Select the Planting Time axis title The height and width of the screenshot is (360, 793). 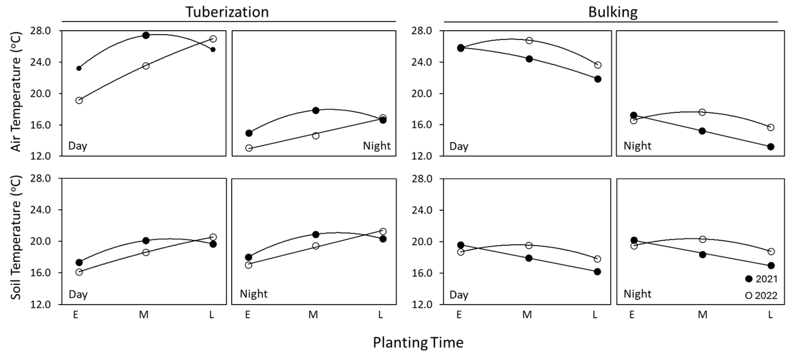tap(418, 342)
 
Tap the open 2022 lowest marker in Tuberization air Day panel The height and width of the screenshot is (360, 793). tap(79, 100)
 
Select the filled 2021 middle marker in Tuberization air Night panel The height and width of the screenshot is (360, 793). tap(315, 110)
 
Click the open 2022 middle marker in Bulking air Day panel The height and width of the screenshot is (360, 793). tap(529, 41)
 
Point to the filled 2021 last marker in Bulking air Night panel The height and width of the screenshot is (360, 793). tap(771, 147)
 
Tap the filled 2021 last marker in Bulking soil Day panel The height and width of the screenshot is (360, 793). tap(597, 272)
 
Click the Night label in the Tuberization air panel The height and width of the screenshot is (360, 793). tap(376, 146)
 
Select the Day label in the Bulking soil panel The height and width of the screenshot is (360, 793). tap(459, 295)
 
